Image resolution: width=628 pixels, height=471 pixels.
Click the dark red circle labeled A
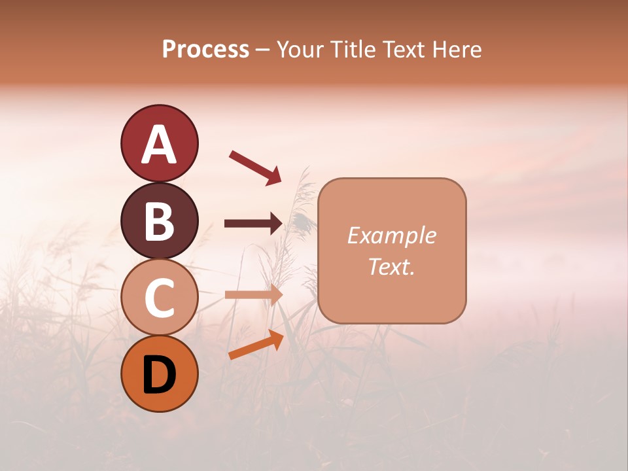click(159, 143)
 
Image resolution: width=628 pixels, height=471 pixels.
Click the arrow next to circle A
click(254, 167)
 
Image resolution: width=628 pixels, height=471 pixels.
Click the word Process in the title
click(205, 50)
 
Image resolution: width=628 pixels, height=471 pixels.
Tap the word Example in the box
click(391, 235)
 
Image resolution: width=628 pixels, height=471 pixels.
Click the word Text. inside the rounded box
click(391, 266)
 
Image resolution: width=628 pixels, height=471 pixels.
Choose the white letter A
click(159, 145)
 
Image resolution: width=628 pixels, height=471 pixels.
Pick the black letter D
click(159, 374)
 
